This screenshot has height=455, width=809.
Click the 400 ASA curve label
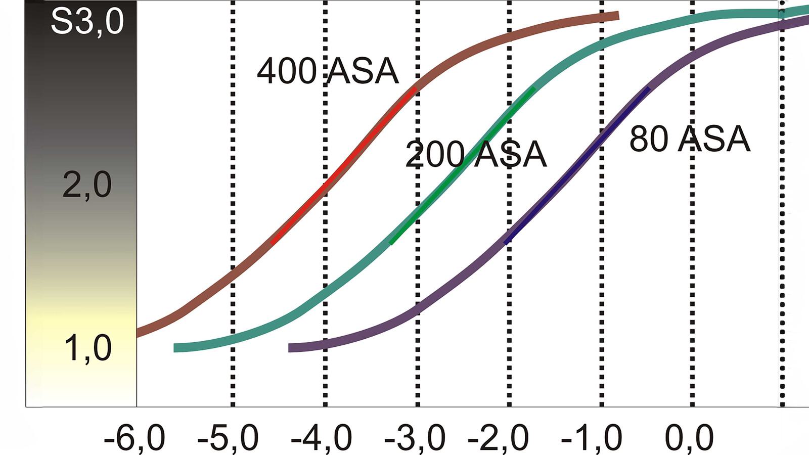click(x=328, y=71)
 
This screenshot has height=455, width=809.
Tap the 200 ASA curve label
click(x=476, y=154)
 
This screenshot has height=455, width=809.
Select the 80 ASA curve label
click(x=689, y=139)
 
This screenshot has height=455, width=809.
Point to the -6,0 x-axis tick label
click(x=134, y=438)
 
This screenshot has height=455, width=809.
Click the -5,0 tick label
click(x=228, y=438)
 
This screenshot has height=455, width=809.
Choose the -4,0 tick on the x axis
click(x=321, y=438)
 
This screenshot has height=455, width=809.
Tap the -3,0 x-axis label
click(x=415, y=438)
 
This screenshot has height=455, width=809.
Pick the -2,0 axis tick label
click(x=498, y=438)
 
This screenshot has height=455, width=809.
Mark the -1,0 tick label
click(x=592, y=438)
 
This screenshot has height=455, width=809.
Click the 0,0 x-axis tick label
click(x=689, y=438)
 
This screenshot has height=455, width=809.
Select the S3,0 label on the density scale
click(x=87, y=21)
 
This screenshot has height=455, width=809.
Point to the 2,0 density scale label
click(x=87, y=185)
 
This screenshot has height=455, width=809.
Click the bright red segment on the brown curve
click(x=344, y=167)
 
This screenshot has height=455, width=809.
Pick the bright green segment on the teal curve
click(x=460, y=167)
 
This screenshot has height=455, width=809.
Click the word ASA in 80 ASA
click(x=713, y=139)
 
